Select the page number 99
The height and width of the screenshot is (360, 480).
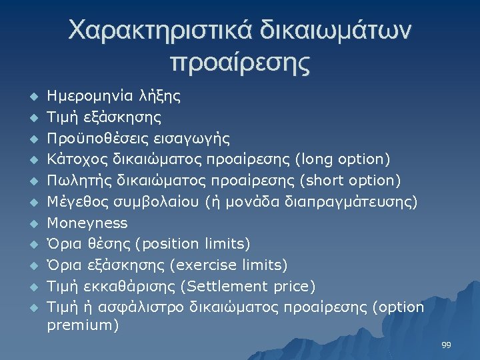(446, 345)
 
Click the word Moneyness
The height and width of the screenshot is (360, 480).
(87, 223)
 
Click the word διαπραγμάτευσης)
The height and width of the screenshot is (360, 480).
(360, 202)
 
